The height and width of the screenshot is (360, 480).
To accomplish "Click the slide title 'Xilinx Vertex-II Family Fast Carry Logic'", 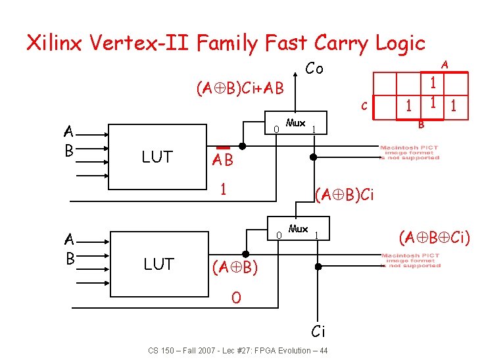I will click(x=226, y=43).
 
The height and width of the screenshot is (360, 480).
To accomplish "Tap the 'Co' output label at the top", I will click(x=314, y=68).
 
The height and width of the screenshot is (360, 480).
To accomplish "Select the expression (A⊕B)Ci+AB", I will click(x=239, y=88).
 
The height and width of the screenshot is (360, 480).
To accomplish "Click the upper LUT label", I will click(x=157, y=157).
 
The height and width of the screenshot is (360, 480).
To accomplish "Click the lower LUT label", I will click(x=158, y=264).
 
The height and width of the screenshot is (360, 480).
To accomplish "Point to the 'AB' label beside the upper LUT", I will click(x=222, y=160).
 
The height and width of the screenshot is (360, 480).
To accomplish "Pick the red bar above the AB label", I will click(x=223, y=147).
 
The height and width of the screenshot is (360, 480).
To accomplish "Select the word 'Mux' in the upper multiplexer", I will click(x=296, y=123).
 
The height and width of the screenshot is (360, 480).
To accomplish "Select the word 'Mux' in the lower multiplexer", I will click(x=298, y=229).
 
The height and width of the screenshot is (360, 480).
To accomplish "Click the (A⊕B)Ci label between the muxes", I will click(x=345, y=195).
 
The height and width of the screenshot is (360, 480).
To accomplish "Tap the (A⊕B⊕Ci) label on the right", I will click(x=435, y=236).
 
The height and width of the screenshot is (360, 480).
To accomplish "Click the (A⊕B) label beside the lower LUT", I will click(x=234, y=267).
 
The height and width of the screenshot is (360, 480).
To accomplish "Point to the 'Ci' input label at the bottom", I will click(x=318, y=330).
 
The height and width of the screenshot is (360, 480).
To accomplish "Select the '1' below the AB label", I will click(x=224, y=189).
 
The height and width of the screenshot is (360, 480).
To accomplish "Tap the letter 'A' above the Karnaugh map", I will click(x=444, y=64).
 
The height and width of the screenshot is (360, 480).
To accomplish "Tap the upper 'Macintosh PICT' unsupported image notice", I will click(x=410, y=152).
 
